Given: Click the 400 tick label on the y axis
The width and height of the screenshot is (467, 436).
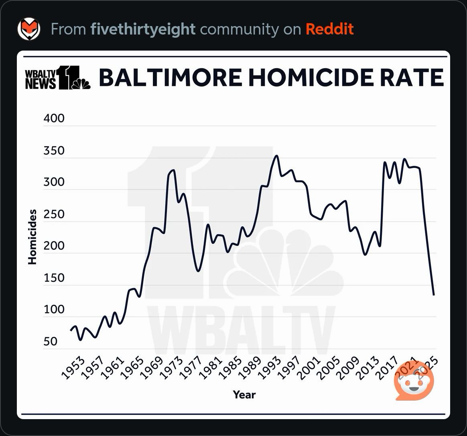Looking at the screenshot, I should point(53,118).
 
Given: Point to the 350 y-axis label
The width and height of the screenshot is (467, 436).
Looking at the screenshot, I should point(53,151).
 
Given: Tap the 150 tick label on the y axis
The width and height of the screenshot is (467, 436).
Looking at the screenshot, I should point(53,278).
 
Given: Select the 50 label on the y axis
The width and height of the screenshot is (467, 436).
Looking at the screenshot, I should point(51,342).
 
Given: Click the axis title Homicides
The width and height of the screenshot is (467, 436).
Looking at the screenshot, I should point(32,237).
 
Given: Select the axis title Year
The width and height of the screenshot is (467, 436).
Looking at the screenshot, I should point(244,395).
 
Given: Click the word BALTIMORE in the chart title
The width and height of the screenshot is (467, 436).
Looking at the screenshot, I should point(170,77).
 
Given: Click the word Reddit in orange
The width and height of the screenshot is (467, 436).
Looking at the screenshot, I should point(329,29).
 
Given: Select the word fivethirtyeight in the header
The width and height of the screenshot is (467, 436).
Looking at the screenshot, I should point(143,29).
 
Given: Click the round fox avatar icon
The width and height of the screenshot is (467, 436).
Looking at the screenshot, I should point(29,29).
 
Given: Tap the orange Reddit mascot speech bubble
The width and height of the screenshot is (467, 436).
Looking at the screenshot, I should point(414,382).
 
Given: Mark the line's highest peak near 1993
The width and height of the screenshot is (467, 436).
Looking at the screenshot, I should point(276,156).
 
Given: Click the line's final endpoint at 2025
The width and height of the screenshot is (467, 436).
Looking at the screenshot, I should point(434,295).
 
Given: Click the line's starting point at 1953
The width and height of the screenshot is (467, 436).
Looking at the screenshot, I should point(71,330).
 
